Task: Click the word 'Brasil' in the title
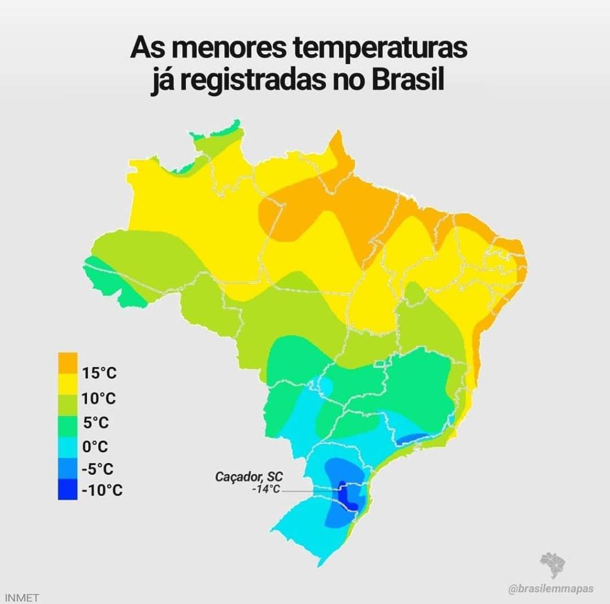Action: [x=409, y=80]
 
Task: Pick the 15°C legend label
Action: [x=99, y=374]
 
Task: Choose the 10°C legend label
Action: [x=99, y=398]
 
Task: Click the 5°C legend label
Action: [x=96, y=423]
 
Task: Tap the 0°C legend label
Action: [x=96, y=446]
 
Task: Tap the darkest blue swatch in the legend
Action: [x=68, y=491]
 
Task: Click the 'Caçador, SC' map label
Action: [x=249, y=477]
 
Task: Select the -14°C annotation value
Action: [x=266, y=489]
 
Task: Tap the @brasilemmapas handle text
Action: [x=551, y=589]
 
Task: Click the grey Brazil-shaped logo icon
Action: [x=553, y=565]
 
